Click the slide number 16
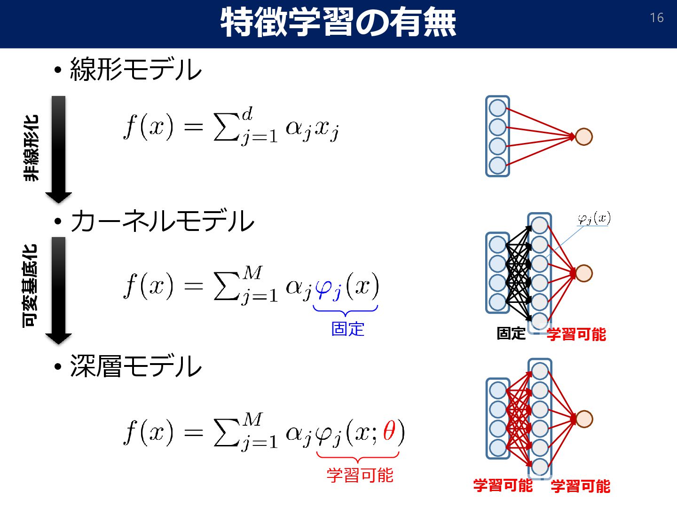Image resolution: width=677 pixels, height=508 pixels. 656,18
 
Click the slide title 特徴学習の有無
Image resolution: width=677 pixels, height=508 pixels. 338,23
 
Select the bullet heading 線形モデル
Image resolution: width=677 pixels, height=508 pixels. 136,70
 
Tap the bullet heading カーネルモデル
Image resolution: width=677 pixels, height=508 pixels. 162,221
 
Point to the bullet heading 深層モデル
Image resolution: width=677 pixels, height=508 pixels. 136,366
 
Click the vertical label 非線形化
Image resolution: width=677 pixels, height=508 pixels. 31,148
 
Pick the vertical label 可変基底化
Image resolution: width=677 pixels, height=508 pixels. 30,286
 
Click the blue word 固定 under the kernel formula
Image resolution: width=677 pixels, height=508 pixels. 347,329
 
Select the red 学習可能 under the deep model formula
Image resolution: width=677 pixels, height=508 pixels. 360,475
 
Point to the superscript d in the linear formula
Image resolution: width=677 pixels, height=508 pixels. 247,113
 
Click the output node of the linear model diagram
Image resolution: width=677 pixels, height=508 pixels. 583,137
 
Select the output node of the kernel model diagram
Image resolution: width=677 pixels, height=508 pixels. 583,273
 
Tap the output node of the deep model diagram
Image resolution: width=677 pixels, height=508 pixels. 583,419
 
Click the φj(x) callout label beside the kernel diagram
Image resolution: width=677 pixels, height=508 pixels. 594,218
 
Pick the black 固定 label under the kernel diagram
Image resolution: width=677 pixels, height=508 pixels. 511,333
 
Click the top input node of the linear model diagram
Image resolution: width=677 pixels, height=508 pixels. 497,108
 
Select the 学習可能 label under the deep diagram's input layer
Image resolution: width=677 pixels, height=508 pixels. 503,485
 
